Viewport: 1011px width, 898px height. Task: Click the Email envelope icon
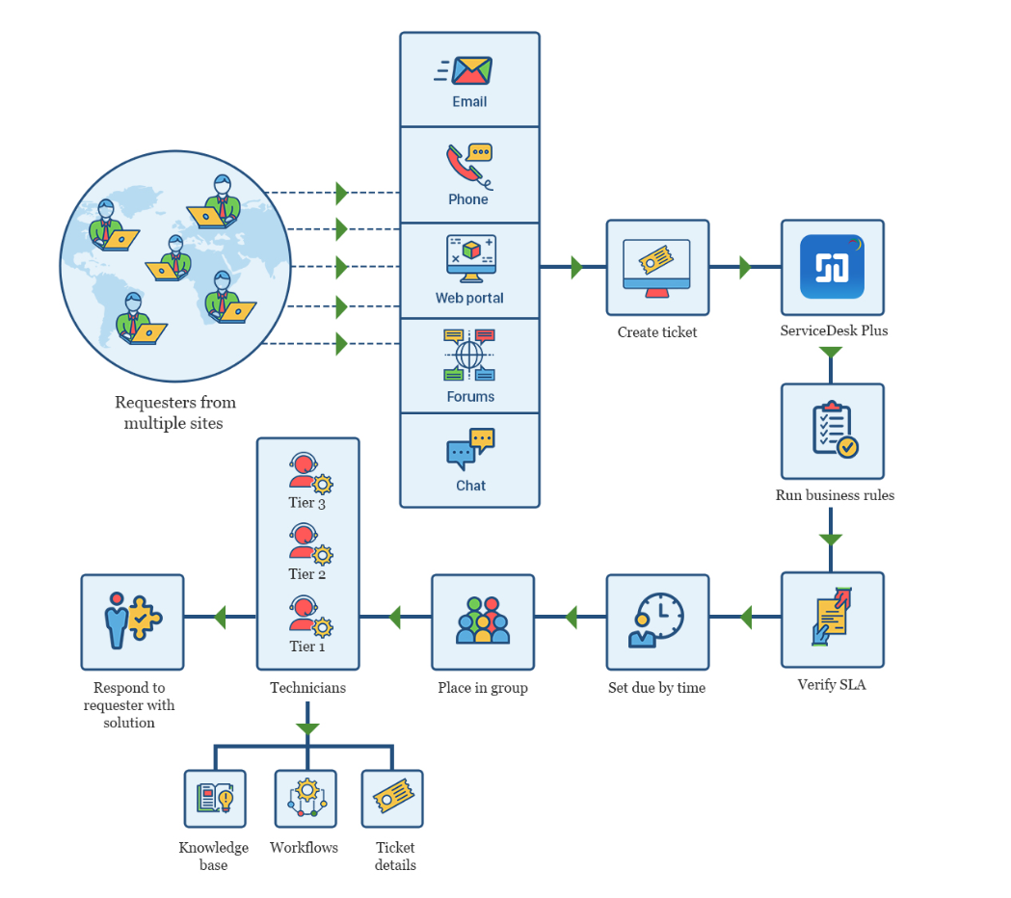click(x=470, y=71)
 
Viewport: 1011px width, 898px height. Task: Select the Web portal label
click(x=469, y=298)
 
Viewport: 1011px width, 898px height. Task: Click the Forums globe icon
click(x=469, y=355)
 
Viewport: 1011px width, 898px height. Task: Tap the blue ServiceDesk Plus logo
click(x=832, y=267)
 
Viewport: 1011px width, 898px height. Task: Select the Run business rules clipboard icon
click(x=832, y=431)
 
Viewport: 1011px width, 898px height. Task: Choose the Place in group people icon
click(x=482, y=621)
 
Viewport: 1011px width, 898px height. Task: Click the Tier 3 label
click(x=307, y=502)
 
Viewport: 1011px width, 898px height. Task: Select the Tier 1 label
click(x=307, y=646)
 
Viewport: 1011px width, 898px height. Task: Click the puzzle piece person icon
click(x=132, y=621)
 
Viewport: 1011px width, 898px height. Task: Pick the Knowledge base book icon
click(x=214, y=798)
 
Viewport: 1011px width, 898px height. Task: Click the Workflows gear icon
click(x=306, y=798)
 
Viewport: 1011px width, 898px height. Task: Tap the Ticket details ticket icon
click(x=392, y=798)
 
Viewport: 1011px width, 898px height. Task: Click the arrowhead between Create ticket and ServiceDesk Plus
click(x=746, y=267)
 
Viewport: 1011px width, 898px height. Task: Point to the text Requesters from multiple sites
click(x=174, y=412)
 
